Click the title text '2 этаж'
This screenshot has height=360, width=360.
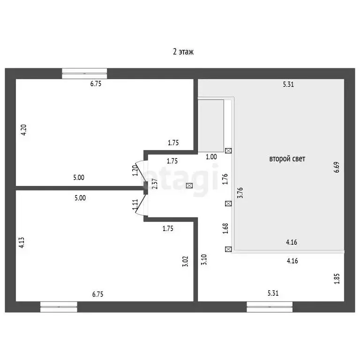pyautogui.click(x=183, y=52)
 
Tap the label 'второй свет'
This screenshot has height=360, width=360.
pyautogui.click(x=287, y=159)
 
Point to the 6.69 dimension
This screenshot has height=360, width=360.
pyautogui.click(x=336, y=167)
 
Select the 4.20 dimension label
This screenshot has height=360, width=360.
pyautogui.click(x=24, y=130)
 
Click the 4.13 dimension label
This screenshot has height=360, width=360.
pyautogui.click(x=22, y=242)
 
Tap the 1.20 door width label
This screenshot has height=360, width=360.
pyautogui.click(x=135, y=170)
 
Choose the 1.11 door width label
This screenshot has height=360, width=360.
pyautogui.click(x=135, y=204)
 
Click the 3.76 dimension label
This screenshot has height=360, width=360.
pyautogui.click(x=240, y=193)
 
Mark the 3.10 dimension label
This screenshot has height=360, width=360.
pyautogui.click(x=203, y=259)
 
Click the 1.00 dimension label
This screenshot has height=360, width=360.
pyautogui.click(x=211, y=157)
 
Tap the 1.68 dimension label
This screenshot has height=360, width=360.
pyautogui.click(x=225, y=228)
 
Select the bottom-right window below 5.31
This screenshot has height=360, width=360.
pyautogui.click(x=270, y=307)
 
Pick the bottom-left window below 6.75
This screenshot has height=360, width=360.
pyautogui.click(x=59, y=307)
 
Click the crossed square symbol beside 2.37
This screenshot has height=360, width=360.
pyautogui.click(x=189, y=186)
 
